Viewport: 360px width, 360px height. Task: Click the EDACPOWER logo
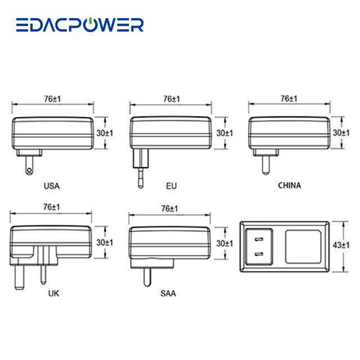click(x=79, y=25)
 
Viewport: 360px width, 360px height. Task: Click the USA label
click(x=51, y=185)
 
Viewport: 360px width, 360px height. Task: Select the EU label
click(x=171, y=185)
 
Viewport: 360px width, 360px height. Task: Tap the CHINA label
click(x=289, y=184)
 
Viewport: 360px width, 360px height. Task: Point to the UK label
click(x=53, y=293)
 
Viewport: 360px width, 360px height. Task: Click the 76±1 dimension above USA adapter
click(x=52, y=98)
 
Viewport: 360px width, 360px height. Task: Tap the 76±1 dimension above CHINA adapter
click(x=289, y=98)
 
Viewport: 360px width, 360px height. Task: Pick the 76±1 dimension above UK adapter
click(x=51, y=208)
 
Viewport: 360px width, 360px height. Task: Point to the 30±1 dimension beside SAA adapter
click(x=224, y=243)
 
